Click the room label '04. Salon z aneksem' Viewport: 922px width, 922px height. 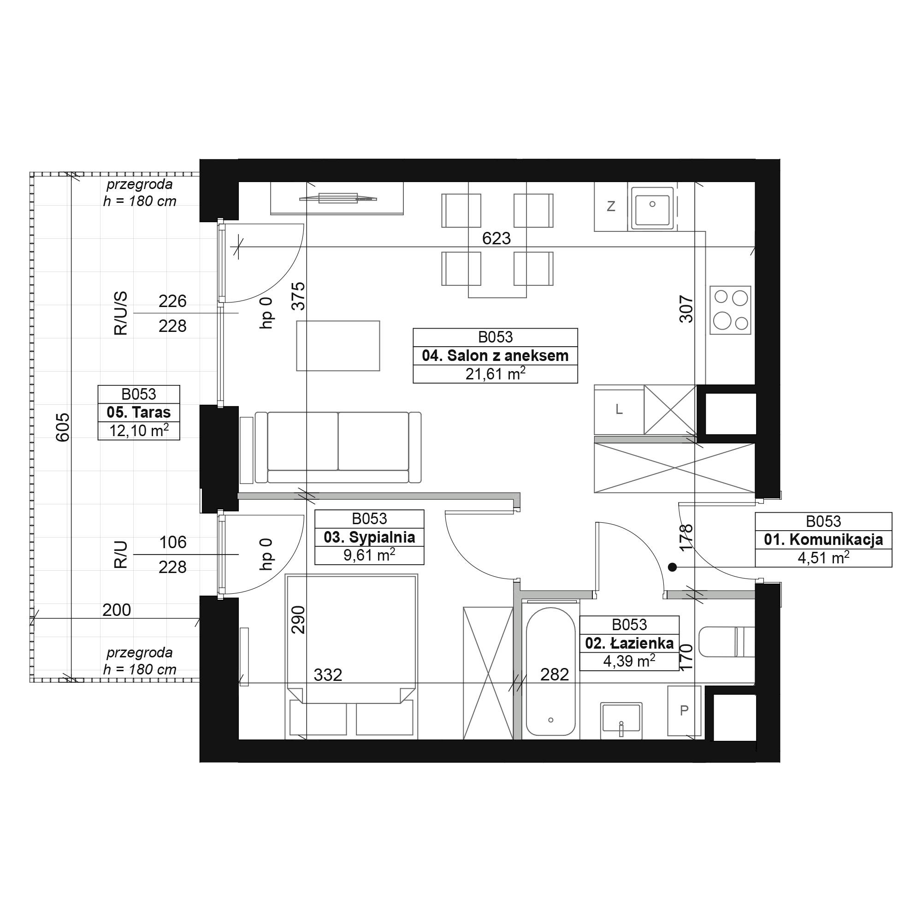[x=495, y=356]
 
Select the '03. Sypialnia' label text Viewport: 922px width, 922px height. [x=369, y=538]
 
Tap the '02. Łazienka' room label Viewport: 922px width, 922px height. [x=629, y=643]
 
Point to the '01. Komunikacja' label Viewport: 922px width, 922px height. [x=823, y=540]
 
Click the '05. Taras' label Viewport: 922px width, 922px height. [x=139, y=412]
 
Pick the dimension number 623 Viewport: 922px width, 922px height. [x=496, y=238]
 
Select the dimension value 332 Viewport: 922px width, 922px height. [x=328, y=675]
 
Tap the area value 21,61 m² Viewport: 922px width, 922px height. [x=495, y=374]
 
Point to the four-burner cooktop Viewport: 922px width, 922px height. [x=730, y=310]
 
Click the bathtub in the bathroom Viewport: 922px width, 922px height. [x=551, y=672]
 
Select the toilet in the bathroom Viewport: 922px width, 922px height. [x=727, y=641]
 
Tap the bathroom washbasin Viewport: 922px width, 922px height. [x=621, y=717]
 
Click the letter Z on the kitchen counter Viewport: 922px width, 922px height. [x=611, y=207]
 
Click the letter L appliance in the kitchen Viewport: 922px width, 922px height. [x=619, y=409]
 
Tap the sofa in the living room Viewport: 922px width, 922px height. [x=338, y=447]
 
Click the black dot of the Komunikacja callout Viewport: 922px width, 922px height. [x=673, y=567]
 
